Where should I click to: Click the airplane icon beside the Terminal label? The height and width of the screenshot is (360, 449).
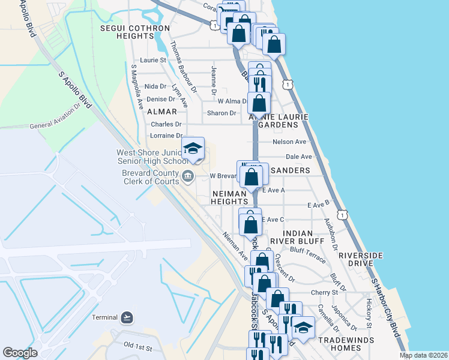pos(127,317)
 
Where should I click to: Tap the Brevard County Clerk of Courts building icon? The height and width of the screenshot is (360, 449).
pos(188,176)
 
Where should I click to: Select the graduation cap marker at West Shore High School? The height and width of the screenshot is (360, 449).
pos(193,148)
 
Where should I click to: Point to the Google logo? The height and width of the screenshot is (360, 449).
pos(20,353)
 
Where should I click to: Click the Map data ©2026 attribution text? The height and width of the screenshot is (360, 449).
pos(423,355)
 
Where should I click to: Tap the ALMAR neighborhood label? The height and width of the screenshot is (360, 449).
pos(162,112)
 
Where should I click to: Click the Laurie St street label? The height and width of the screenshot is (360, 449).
pos(152,60)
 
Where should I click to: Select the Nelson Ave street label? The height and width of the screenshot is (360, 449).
pos(289,142)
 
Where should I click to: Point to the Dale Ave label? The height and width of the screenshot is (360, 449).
pos(299,157)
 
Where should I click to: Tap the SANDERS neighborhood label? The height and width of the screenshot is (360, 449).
pos(290,170)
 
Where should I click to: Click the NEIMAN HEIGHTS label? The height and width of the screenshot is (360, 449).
pos(229,197)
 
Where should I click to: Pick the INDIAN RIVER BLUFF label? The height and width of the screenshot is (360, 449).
pos(291,236)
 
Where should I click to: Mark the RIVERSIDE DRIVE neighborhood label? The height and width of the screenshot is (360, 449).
pos(360,259)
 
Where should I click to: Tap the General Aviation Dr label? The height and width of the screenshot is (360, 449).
pos(55,118)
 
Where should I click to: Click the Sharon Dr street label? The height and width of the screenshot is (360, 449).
pos(221,113)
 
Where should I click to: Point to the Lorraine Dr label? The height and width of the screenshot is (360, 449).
pos(166,136)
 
